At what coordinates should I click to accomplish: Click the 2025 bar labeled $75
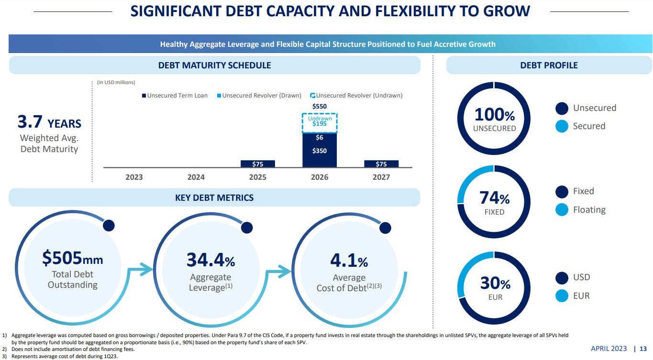tap(257, 164)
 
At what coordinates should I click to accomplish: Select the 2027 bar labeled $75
tap(381, 164)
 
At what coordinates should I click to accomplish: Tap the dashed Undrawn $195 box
tap(320, 123)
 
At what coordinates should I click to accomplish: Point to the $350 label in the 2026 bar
tap(320, 151)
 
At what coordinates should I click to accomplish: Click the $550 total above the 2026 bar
tap(320, 106)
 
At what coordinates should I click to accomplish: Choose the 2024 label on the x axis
tap(196, 177)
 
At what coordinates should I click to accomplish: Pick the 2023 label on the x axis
tap(134, 177)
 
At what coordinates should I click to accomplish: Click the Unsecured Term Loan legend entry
tap(175, 96)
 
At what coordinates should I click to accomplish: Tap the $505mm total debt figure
tap(73, 258)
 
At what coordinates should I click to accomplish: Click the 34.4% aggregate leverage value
tap(210, 260)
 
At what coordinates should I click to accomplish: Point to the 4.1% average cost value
tap(349, 261)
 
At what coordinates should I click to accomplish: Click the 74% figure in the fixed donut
tap(494, 197)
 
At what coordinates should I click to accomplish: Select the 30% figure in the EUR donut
tap(495, 283)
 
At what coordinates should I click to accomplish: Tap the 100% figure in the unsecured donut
tap(494, 115)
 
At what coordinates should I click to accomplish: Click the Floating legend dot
tap(562, 210)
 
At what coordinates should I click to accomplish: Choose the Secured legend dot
tap(562, 126)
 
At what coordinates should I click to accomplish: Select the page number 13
tap(643, 349)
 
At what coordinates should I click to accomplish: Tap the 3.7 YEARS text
tap(49, 123)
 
